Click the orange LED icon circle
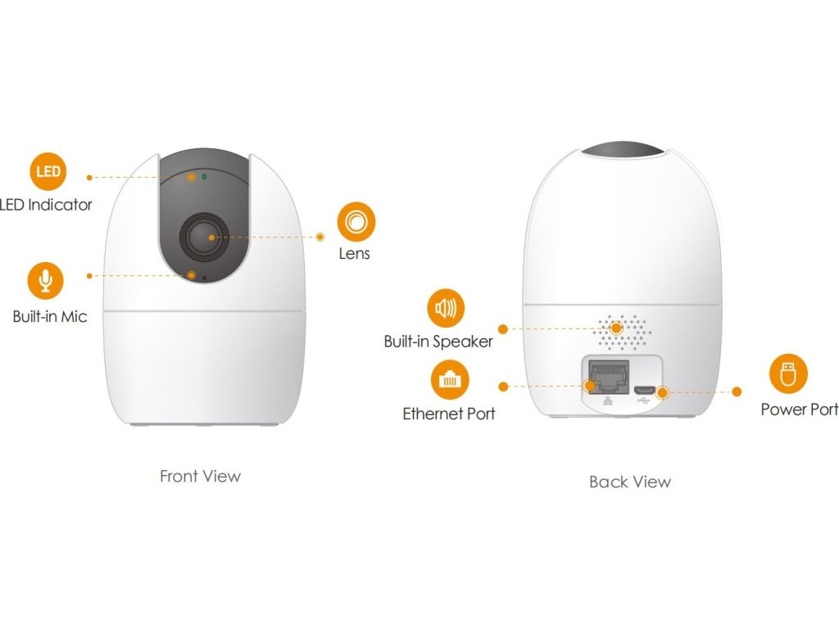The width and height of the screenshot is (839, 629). [48, 171]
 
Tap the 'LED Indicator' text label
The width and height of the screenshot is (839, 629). [47, 205]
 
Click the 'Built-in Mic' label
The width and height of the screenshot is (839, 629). [49, 316]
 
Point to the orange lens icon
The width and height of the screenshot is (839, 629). [356, 222]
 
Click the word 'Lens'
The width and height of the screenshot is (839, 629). [355, 254]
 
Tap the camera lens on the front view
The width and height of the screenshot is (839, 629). [202, 238]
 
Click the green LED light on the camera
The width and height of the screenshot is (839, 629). [204, 176]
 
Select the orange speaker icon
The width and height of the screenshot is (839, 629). [446, 308]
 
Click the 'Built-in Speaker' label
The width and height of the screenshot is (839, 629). [438, 342]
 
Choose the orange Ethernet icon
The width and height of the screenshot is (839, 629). [450, 380]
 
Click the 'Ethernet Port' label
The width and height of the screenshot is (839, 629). [449, 414]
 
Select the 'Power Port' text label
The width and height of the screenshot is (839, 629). [799, 409]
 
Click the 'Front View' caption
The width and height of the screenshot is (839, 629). [200, 476]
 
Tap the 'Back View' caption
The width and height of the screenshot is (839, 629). [629, 482]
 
